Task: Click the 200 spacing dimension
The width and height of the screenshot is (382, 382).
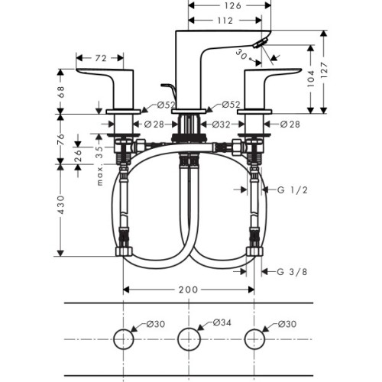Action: click(189, 290)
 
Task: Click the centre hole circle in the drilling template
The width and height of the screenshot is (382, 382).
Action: click(189, 338)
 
